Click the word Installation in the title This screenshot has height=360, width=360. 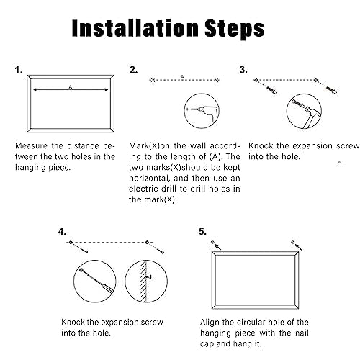(x=136, y=28)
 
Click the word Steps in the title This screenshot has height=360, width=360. (x=235, y=30)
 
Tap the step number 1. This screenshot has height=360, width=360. (x=19, y=70)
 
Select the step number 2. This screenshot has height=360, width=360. (x=133, y=70)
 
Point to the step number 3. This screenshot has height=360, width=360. (x=243, y=70)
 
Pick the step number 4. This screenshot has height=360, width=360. (x=62, y=232)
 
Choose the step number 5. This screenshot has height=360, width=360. (x=202, y=232)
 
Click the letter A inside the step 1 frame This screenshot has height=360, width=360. (x=71, y=87)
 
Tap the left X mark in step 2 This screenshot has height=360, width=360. (x=153, y=80)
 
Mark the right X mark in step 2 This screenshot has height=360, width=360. (x=217, y=80)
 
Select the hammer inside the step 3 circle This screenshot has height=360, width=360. (x=309, y=114)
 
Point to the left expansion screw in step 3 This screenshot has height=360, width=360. (x=272, y=90)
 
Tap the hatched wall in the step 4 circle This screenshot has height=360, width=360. (x=143, y=282)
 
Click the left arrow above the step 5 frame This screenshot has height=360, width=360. (x=217, y=246)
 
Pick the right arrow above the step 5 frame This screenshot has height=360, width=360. (x=298, y=247)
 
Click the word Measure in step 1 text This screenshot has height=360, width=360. (x=31, y=146)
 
